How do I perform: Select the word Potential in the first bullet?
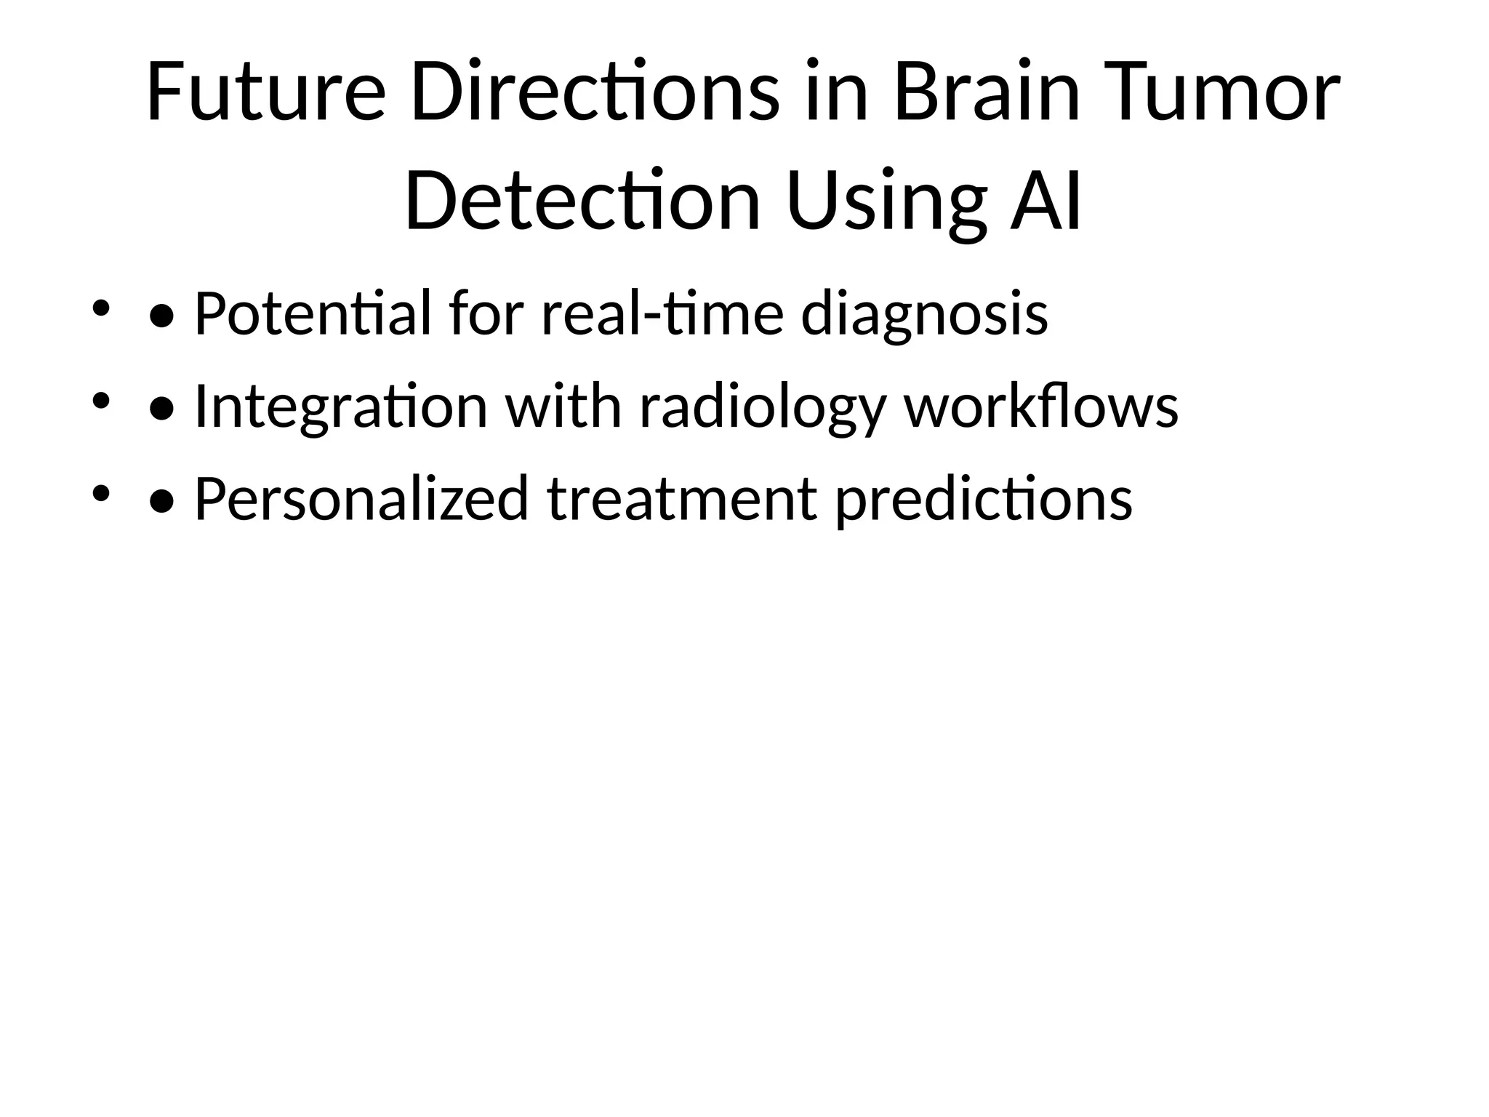click(313, 313)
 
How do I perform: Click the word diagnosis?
click(924, 313)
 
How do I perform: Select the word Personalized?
click(361, 499)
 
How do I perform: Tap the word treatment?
click(682, 499)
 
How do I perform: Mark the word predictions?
click(984, 499)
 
